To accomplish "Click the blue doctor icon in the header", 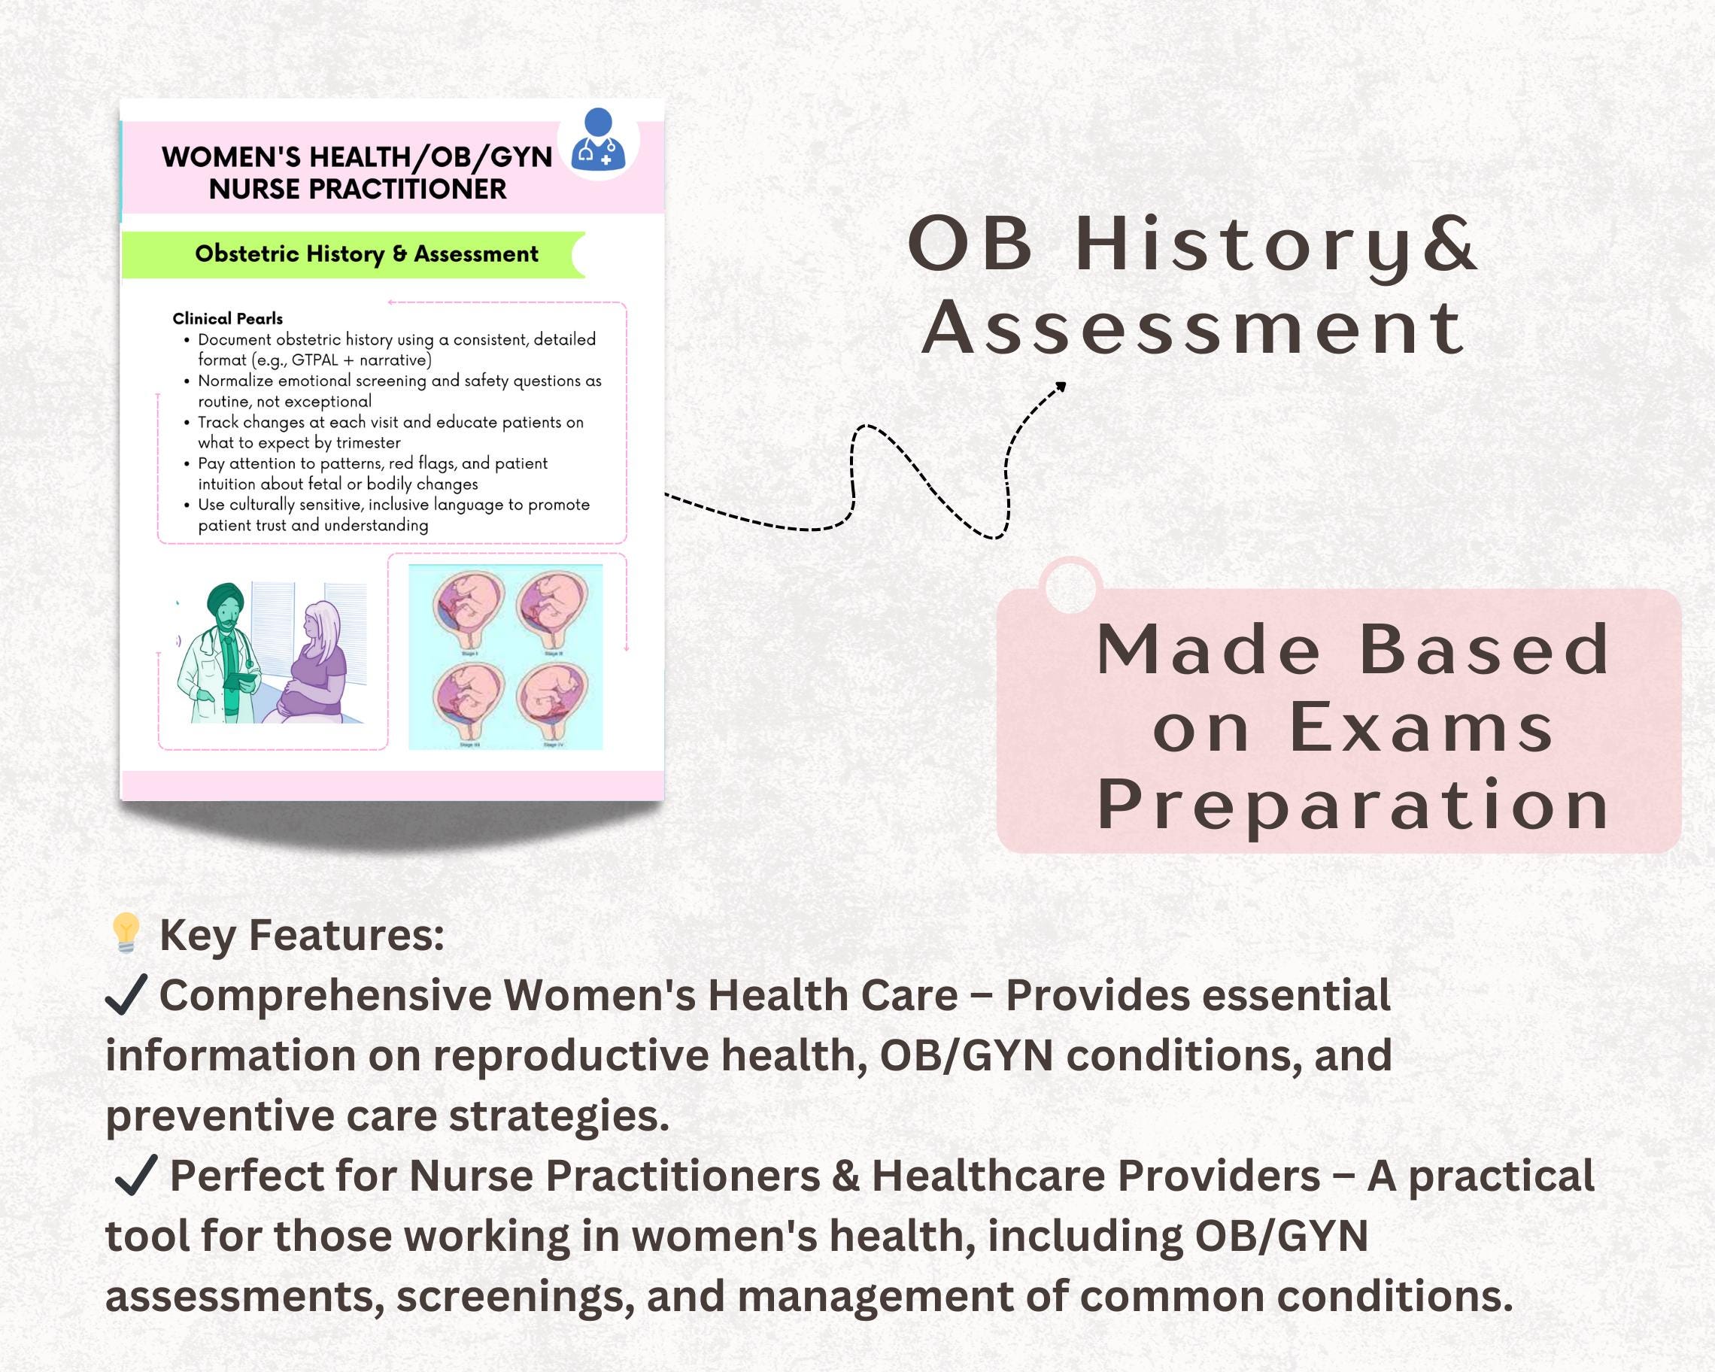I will (x=598, y=141).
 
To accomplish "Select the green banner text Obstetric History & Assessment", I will (x=367, y=253).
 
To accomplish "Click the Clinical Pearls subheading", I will (x=227, y=319).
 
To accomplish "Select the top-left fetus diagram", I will (x=469, y=609).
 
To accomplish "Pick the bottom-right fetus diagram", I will (x=554, y=700).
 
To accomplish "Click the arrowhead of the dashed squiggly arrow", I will (x=1061, y=387).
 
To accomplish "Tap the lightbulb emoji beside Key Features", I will (x=126, y=933).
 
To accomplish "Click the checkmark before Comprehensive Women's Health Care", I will (x=126, y=996).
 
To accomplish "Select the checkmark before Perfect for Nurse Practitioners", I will (x=135, y=1176).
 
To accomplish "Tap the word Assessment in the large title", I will (x=1193, y=329).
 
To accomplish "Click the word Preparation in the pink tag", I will (x=1352, y=805).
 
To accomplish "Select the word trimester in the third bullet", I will (x=369, y=443).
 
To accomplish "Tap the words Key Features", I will (x=302, y=934).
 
